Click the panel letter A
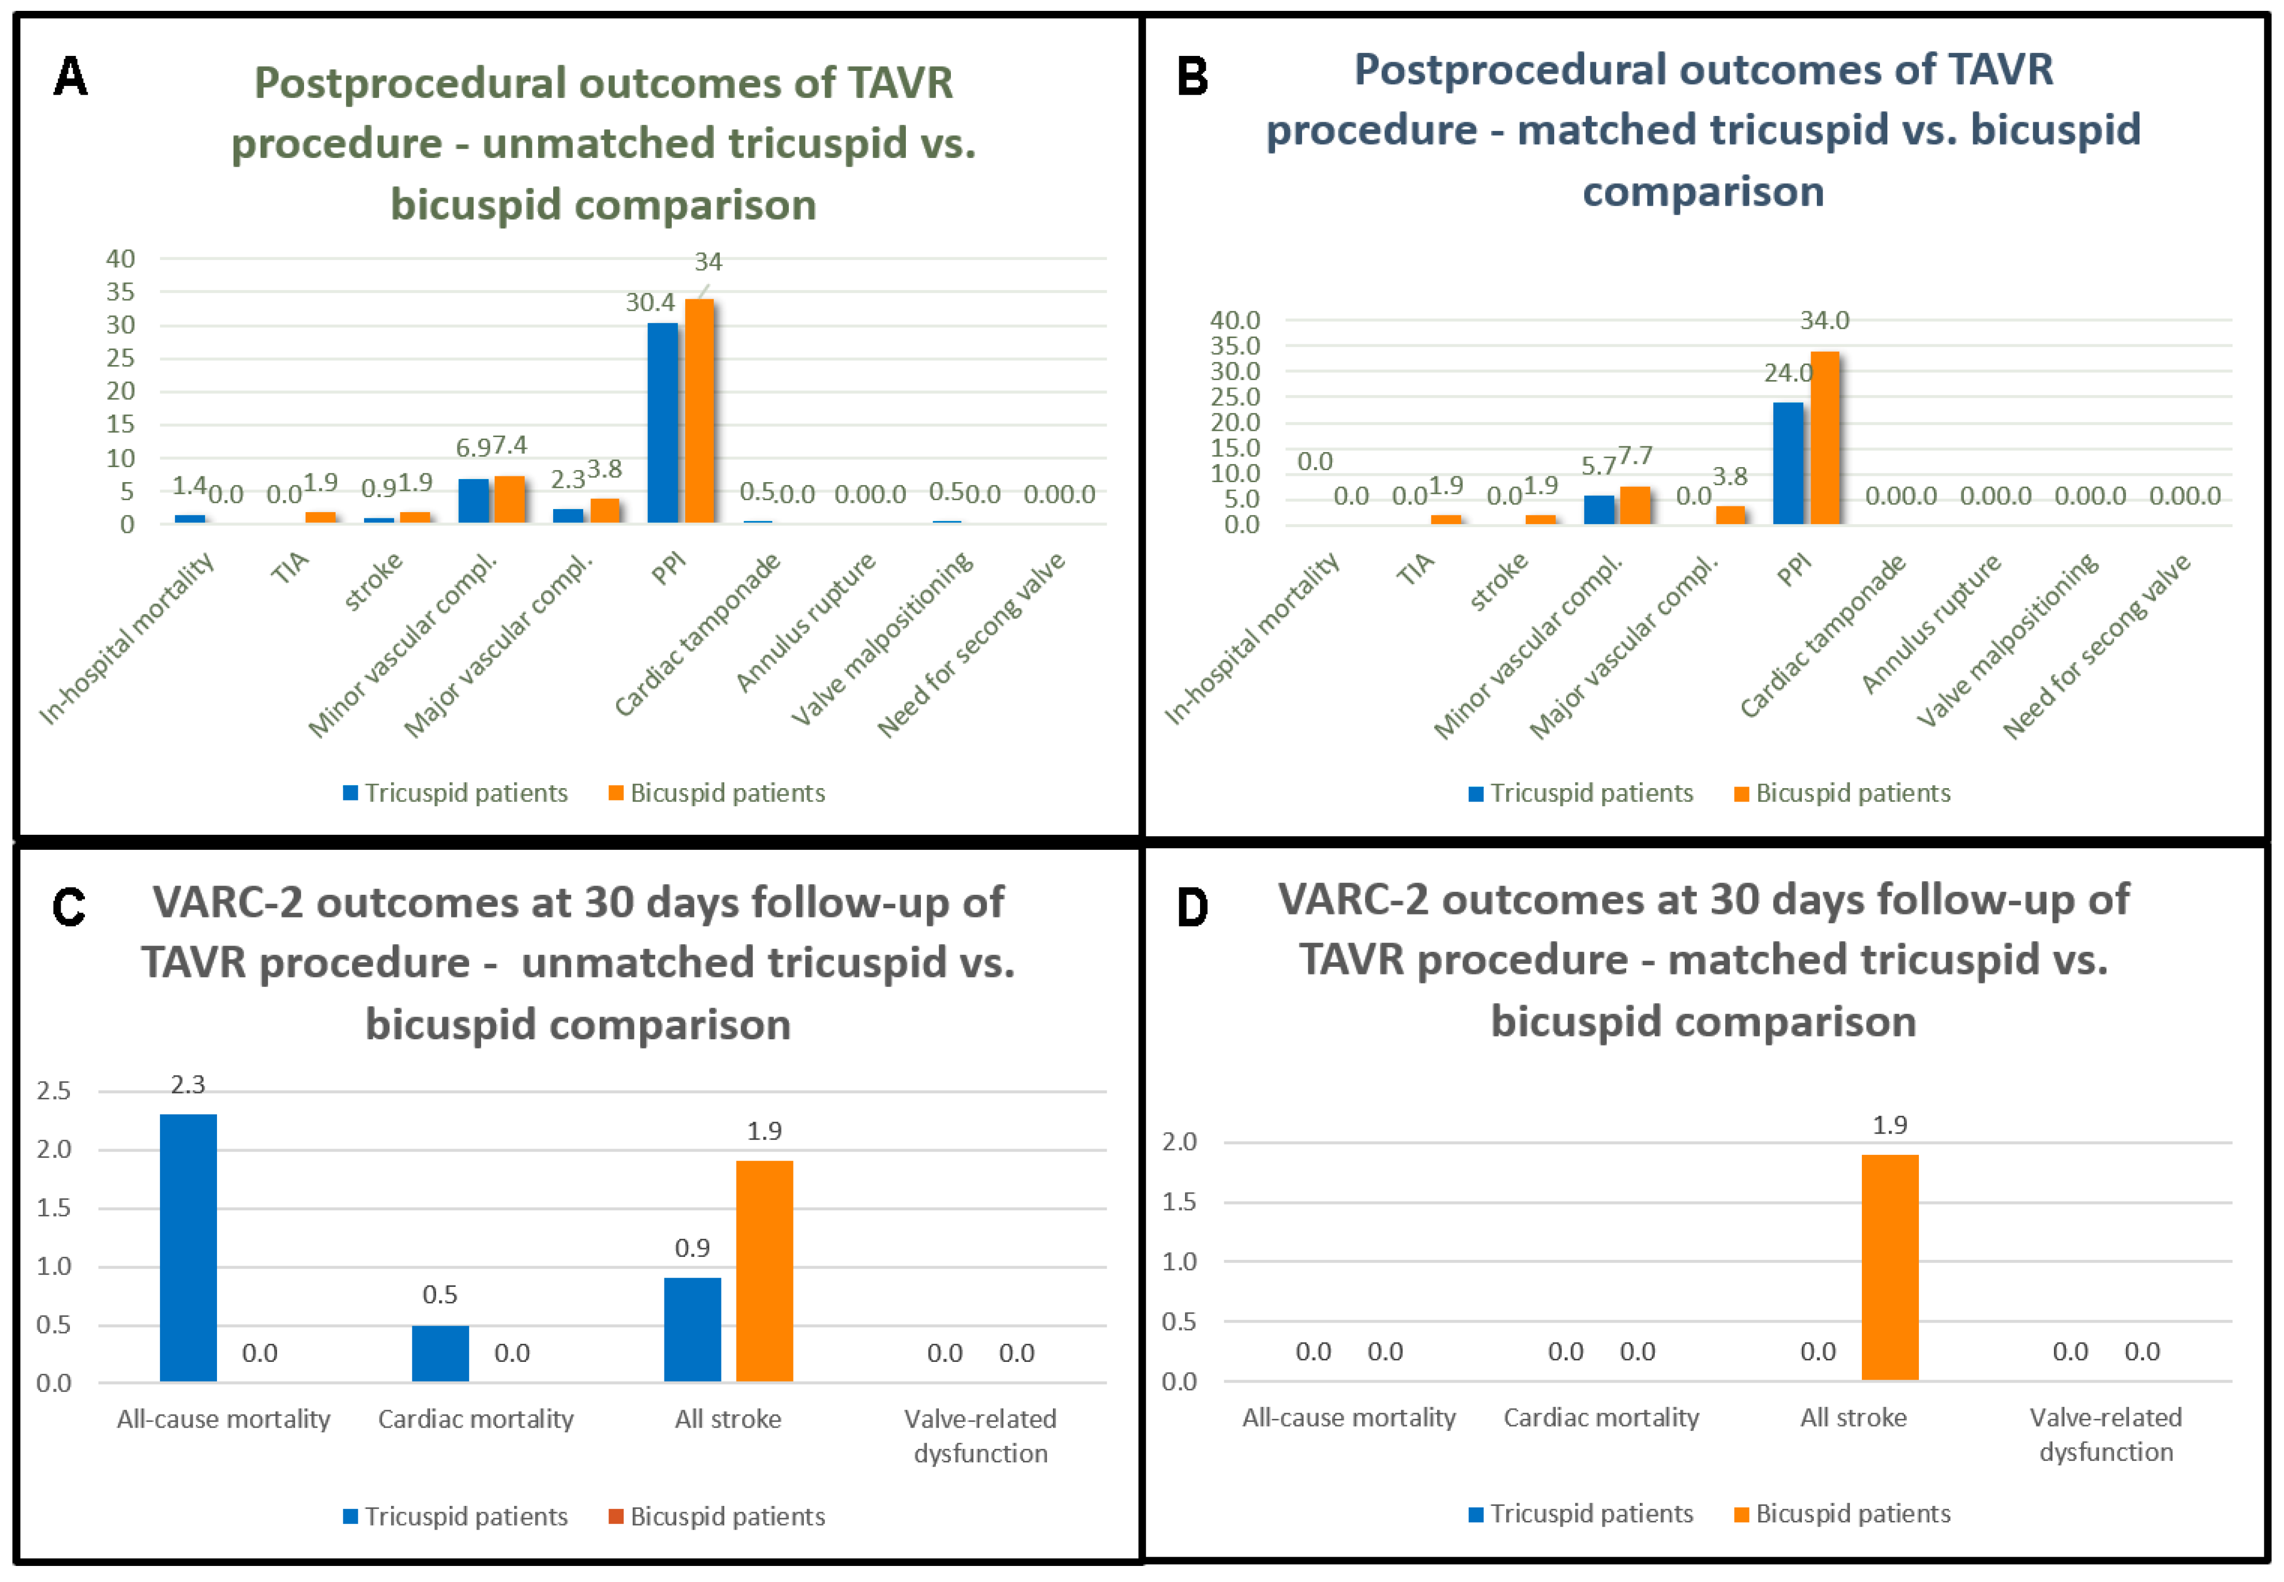point(70,76)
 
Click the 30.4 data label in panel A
point(649,302)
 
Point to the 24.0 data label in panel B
point(1787,374)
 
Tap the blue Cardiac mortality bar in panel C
point(440,1353)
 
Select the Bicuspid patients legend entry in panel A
point(717,793)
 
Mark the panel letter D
point(1193,907)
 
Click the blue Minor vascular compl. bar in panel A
point(474,501)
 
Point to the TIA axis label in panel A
point(291,568)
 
